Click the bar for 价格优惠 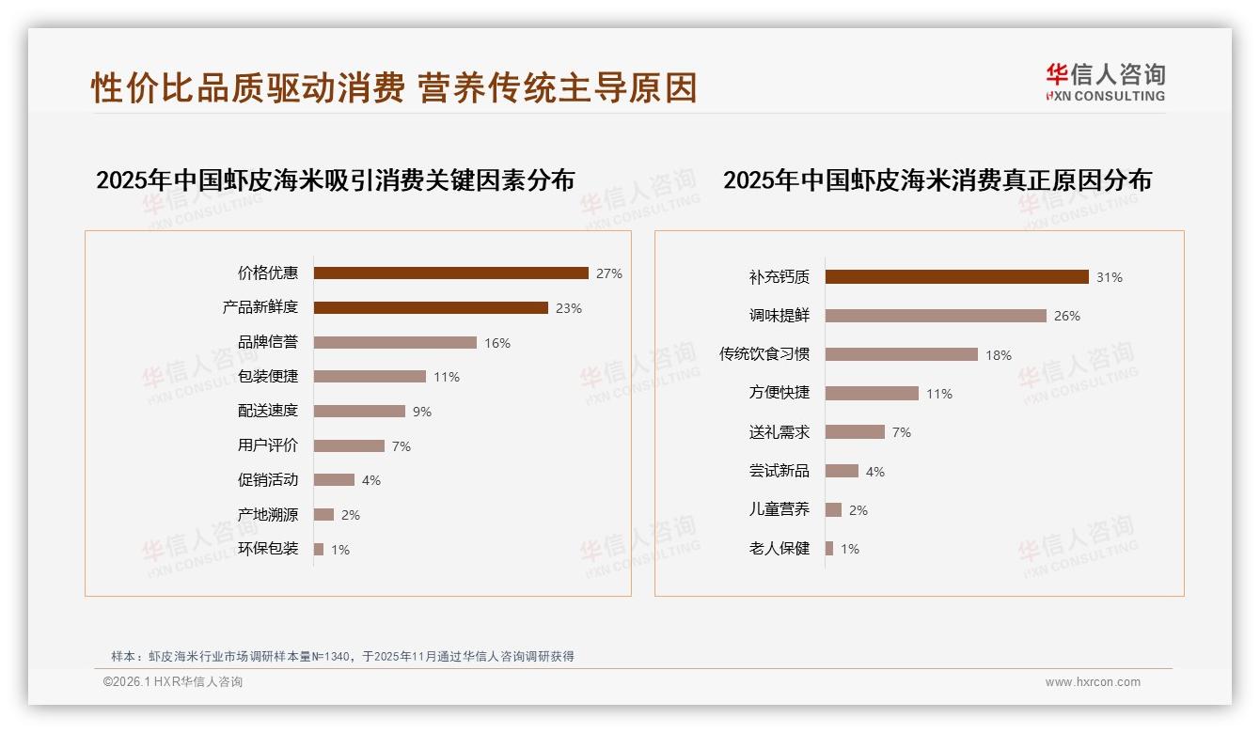(450, 273)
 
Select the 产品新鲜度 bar (431, 308)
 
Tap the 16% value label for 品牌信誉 (497, 343)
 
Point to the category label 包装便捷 (268, 377)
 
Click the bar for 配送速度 (359, 412)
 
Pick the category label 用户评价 (268, 445)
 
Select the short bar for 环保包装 (319, 549)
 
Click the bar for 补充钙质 (956, 277)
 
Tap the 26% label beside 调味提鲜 (1067, 317)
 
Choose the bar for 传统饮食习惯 (901, 354)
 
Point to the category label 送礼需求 (780, 432)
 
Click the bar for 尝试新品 (842, 471)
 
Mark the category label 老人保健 (780, 549)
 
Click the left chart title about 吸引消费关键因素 (335, 180)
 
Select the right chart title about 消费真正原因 (937, 180)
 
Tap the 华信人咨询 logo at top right (1105, 83)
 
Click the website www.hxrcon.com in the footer (1093, 682)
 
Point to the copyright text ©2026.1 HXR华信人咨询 (173, 682)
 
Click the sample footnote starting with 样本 (342, 657)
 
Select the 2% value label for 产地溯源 (351, 515)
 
